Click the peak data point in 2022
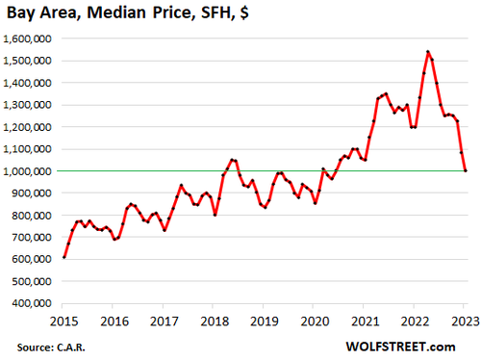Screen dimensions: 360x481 click(427, 52)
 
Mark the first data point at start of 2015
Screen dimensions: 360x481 click(64, 257)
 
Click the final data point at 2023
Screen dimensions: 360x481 click(466, 170)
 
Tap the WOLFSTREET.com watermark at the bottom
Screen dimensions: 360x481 click(424, 345)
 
